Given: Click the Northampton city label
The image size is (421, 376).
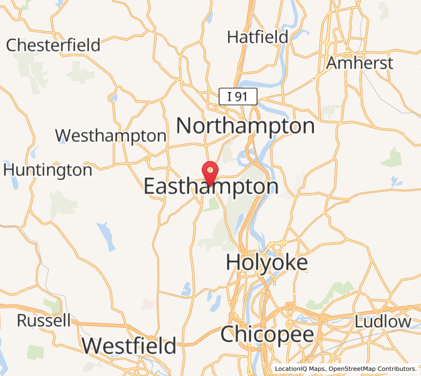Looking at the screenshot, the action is coord(245,126).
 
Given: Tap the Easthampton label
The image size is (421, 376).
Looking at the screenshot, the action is coord(211,187).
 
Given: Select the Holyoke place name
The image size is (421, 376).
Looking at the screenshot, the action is coord(267,262).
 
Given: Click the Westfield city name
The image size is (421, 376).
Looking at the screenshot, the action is coord(129,345).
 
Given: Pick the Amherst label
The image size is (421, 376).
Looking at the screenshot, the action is coord(360,63).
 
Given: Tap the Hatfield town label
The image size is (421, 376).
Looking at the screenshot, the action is coord(257,37).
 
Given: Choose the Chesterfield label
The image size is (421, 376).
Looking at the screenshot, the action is coord(53,45).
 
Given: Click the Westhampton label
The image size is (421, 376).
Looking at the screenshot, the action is coord(111,135).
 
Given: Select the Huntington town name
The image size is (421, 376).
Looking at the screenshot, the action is coord(48,170).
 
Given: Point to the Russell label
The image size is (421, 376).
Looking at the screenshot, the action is coord(44,321).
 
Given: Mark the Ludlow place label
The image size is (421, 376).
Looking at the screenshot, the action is coord(383,321).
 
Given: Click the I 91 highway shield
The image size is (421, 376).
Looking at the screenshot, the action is coord(237,97).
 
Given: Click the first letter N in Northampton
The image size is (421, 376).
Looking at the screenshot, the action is coord(184,126).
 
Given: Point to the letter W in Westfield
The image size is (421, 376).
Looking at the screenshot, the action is coord(91,345).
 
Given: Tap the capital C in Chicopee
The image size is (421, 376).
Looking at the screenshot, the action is coord(228,334).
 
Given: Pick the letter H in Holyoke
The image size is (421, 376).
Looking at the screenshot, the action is coord(233,262).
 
